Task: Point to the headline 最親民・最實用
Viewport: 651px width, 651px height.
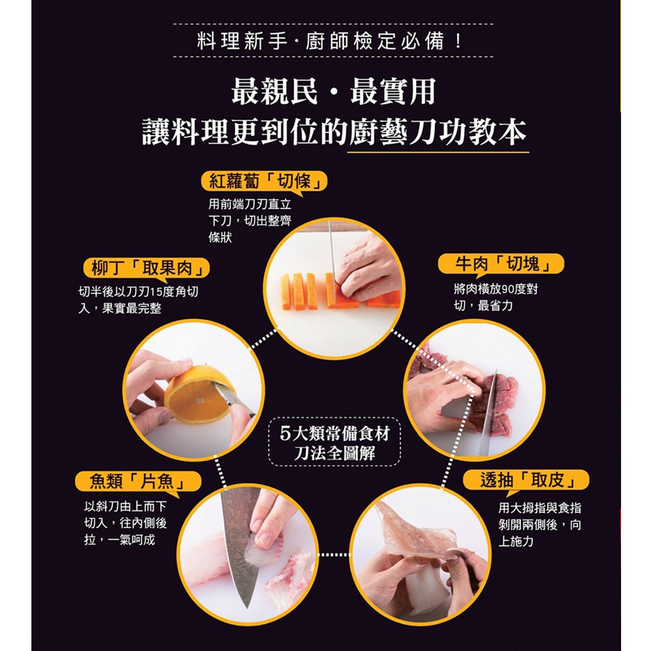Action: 333,91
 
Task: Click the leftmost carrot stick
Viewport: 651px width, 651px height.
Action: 286,291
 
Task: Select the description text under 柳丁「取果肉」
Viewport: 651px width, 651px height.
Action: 138,301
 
